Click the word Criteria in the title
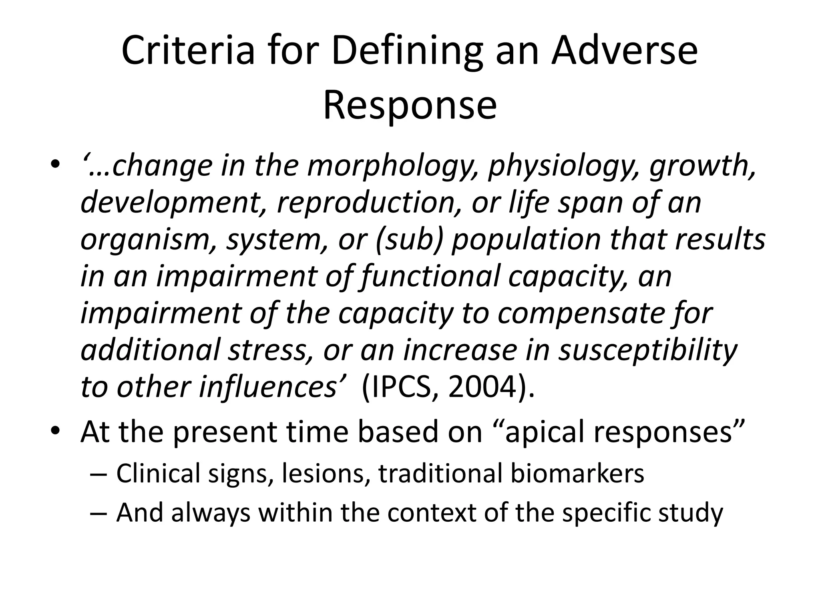(x=188, y=51)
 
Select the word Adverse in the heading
(x=624, y=51)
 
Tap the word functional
(x=430, y=277)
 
